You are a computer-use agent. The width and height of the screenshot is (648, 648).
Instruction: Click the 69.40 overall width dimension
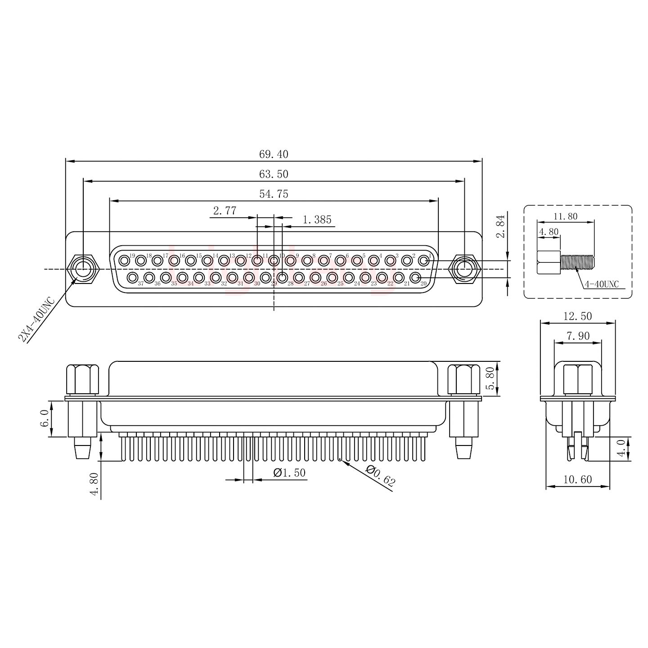coord(273,154)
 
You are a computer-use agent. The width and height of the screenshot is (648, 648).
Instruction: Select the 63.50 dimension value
coord(273,174)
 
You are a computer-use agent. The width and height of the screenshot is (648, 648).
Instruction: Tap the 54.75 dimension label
coord(273,194)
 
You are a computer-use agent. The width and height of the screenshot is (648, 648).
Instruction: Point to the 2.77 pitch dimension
coord(225,211)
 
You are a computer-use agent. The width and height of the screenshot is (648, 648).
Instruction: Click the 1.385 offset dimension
coord(317,220)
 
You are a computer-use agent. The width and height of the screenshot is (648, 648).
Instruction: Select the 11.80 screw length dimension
coord(565,216)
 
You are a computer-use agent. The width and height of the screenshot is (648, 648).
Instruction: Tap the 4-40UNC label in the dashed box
coord(602,284)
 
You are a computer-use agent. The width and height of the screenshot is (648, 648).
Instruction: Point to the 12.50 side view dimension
coord(578,316)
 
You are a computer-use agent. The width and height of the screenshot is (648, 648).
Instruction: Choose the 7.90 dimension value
coord(578,336)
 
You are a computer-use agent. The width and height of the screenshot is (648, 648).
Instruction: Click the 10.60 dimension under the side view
coord(577,480)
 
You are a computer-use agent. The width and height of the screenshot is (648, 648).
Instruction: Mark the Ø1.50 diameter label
coord(289,473)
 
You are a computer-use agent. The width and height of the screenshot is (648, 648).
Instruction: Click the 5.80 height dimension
coord(491,378)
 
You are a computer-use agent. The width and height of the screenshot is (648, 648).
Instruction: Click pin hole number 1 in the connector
coord(423,260)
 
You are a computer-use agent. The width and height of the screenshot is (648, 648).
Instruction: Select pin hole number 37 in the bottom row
coord(132,277)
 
